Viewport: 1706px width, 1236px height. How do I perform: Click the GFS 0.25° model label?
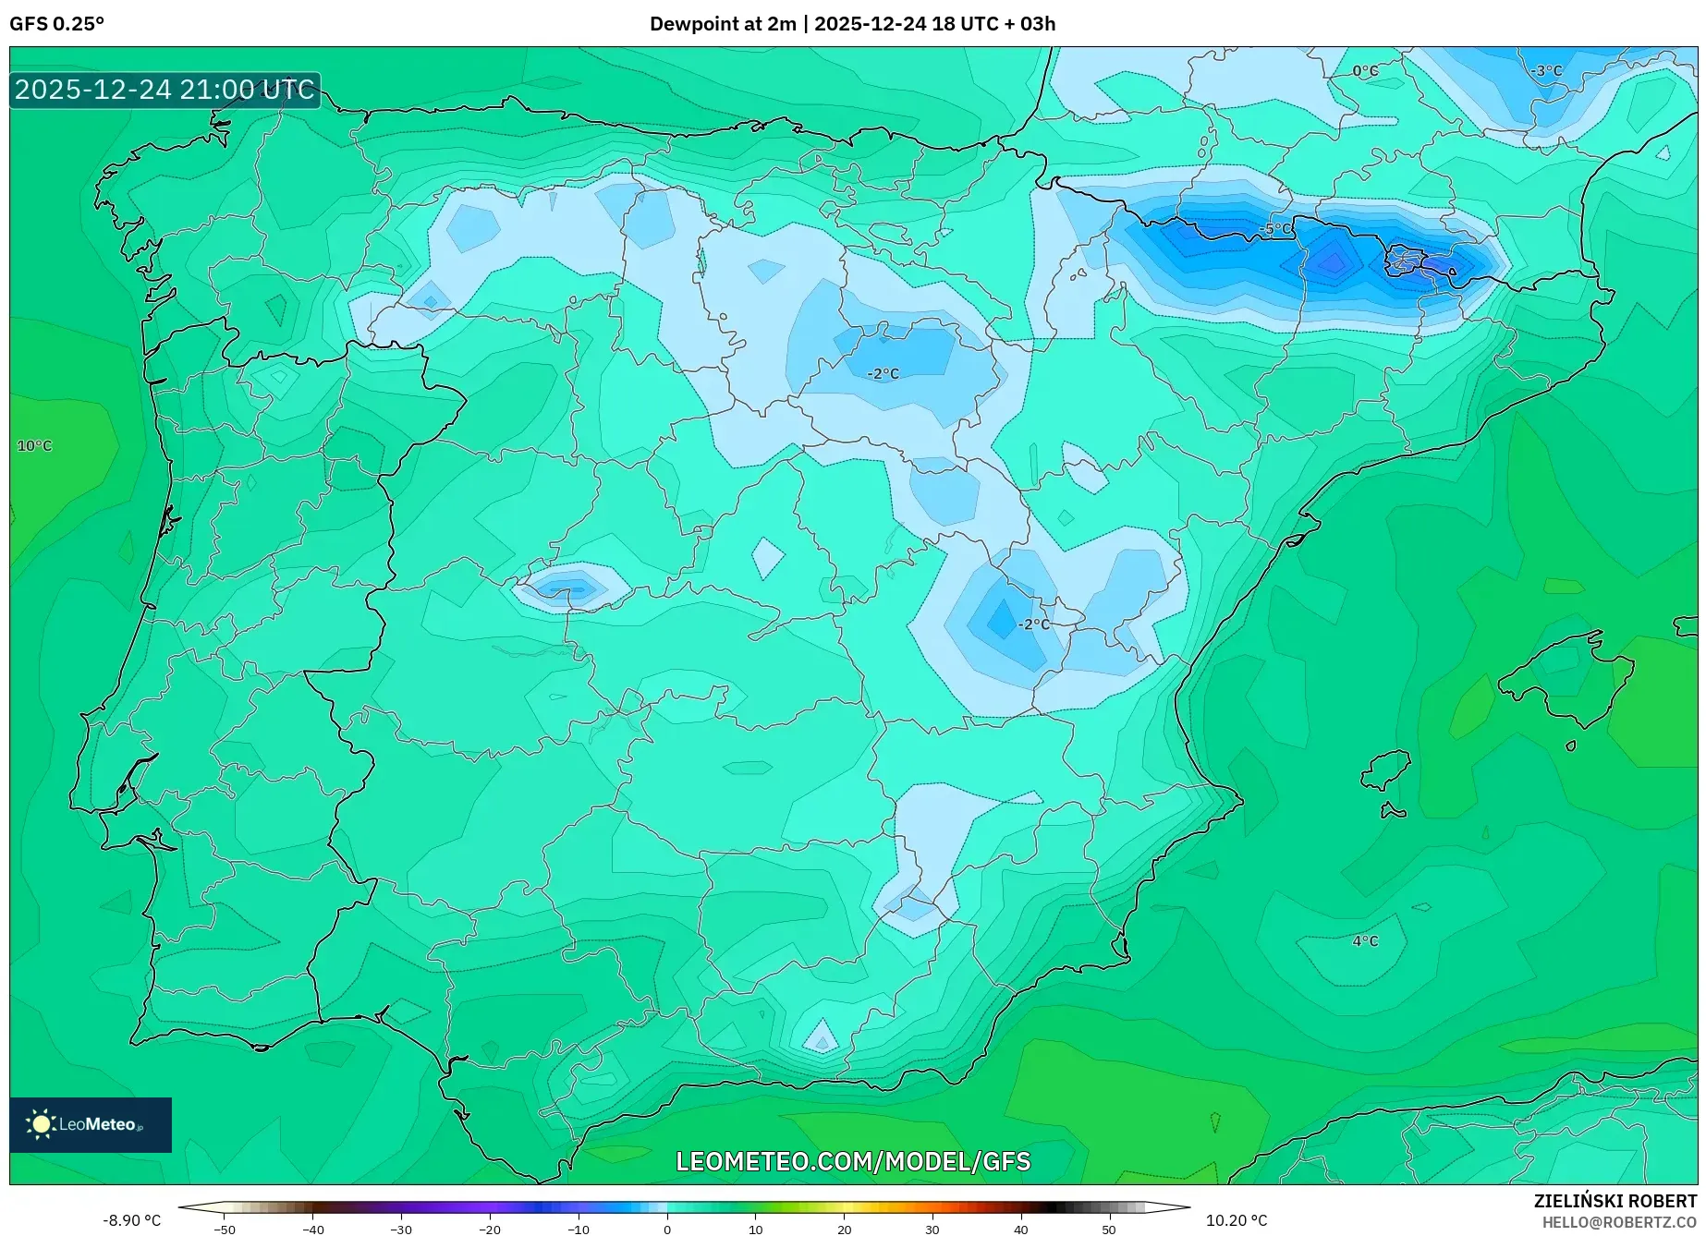point(56,24)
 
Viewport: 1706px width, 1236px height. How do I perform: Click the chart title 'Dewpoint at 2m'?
point(722,24)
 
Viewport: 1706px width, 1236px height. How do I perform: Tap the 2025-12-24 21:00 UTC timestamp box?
point(165,90)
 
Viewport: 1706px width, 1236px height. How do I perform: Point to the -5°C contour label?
point(1275,228)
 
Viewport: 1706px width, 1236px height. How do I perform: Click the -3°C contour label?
point(1546,71)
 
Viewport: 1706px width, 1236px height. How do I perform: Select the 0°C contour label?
point(1365,71)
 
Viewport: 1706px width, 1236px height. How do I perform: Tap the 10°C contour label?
point(35,446)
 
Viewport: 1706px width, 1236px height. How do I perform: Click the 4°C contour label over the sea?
point(1365,941)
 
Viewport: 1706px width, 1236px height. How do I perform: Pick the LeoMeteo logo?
point(91,1124)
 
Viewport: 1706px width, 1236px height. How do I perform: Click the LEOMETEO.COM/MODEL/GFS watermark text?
point(853,1161)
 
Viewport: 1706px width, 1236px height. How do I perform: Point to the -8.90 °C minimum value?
point(131,1221)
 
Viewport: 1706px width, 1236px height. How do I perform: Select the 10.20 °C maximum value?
point(1237,1221)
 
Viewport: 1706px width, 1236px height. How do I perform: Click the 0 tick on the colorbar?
point(667,1230)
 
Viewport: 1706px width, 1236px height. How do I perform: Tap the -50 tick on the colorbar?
point(225,1230)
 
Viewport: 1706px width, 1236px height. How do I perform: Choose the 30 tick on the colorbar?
point(932,1230)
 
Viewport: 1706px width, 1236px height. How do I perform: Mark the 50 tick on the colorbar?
point(1109,1230)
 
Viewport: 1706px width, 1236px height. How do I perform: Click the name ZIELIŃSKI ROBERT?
point(1615,1202)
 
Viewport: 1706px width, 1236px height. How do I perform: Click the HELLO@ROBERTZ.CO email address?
point(1619,1222)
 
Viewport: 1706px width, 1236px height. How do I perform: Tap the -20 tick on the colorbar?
point(490,1230)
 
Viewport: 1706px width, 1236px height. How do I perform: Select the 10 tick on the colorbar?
point(756,1230)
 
